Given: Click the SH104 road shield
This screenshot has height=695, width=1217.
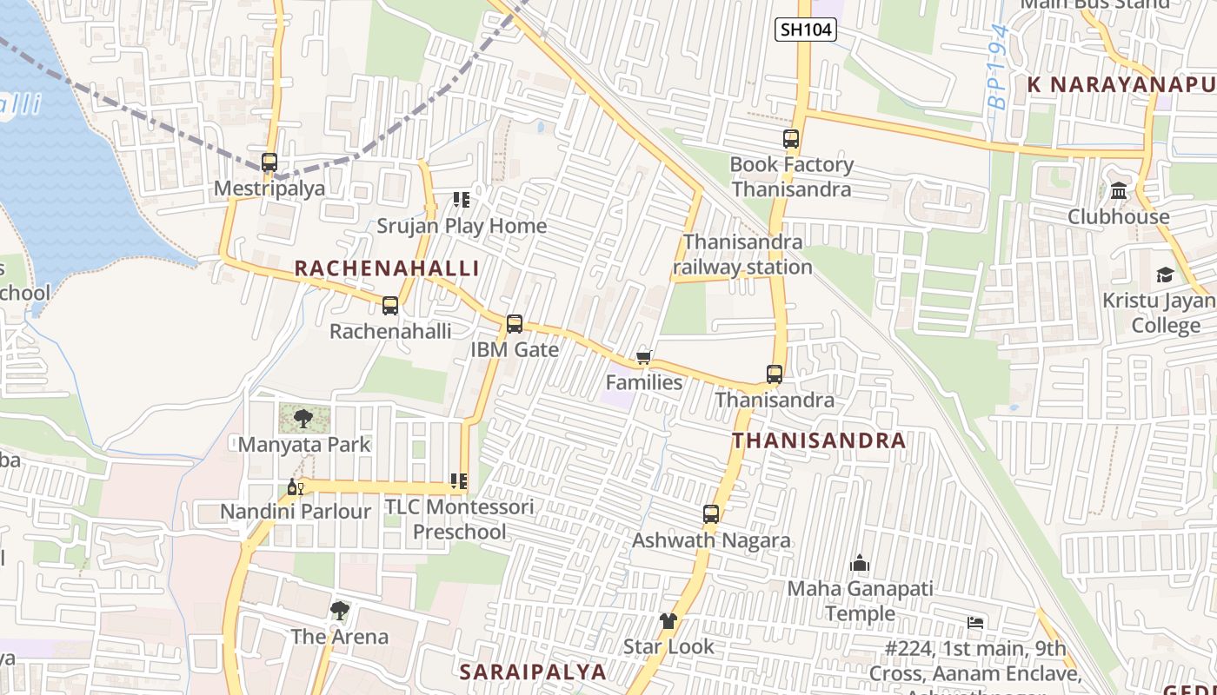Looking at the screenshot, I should tap(806, 30).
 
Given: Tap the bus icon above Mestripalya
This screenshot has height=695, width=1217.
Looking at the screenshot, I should tap(269, 162).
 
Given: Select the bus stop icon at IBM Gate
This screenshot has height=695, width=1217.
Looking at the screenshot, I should tap(515, 324).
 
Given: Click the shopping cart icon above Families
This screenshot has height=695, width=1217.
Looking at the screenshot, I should tap(644, 357).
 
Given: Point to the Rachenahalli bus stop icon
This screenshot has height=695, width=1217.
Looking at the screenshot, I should tap(390, 306).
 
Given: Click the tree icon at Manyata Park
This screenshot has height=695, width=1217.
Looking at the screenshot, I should tap(303, 420).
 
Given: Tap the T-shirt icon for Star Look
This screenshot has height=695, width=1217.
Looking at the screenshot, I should tap(668, 621).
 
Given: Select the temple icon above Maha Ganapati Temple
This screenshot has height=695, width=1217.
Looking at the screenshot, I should tap(860, 563).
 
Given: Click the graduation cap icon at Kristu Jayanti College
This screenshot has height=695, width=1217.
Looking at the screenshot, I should tap(1164, 275).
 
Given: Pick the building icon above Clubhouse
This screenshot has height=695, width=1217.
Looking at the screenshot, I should tap(1119, 190).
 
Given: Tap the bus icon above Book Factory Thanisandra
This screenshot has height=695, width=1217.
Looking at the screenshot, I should tap(791, 139).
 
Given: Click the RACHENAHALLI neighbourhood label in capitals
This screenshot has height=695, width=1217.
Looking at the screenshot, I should tap(387, 268).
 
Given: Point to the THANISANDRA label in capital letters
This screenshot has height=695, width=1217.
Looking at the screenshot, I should tap(819, 440).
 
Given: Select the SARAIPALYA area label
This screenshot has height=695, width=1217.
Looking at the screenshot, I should tap(532, 672).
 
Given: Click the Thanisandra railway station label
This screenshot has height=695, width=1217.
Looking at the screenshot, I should tap(743, 255).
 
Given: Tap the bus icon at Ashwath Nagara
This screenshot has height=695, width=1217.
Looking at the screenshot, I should tap(711, 514).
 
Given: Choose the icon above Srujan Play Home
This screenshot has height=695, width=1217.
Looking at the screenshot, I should tap(462, 201).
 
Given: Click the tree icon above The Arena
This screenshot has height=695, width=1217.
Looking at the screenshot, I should tap(340, 611).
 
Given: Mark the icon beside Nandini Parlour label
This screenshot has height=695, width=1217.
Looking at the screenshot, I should tap(296, 486).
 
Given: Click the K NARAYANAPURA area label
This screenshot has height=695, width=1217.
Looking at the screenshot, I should tap(1121, 84).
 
